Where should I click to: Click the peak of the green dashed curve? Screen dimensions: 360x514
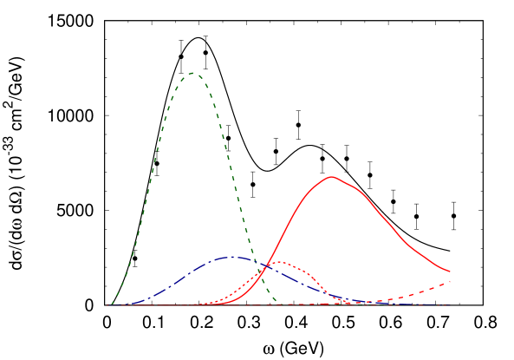click(x=192, y=73)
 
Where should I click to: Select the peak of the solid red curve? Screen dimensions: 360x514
click(x=332, y=176)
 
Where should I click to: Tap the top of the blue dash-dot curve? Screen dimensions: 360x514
click(x=231, y=257)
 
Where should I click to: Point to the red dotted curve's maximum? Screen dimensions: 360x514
click(x=278, y=262)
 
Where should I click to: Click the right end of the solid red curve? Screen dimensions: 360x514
click(x=450, y=272)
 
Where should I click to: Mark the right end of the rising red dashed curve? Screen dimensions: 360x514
click(x=450, y=282)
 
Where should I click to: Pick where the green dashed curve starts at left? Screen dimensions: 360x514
click(x=109, y=304)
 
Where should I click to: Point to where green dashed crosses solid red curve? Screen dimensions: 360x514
click(x=264, y=282)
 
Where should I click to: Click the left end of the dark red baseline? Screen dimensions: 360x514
click(x=107, y=305)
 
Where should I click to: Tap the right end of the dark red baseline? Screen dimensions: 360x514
click(x=450, y=305)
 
